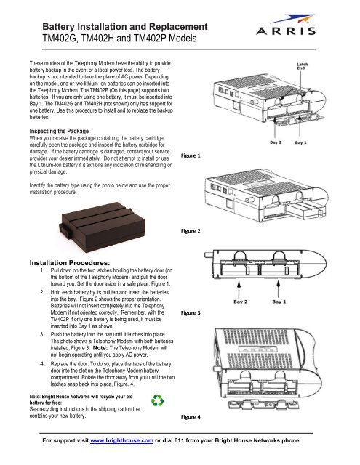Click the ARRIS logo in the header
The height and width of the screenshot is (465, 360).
click(286, 25)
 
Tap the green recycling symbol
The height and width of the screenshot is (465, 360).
click(157, 400)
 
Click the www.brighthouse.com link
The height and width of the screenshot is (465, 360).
click(121, 441)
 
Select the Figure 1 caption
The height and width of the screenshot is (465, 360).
click(191, 155)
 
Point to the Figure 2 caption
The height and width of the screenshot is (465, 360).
click(191, 231)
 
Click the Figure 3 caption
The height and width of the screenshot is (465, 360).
click(191, 312)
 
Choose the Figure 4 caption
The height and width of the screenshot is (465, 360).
click(191, 416)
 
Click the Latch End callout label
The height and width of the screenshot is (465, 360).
click(303, 66)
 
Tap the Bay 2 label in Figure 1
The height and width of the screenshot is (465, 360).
click(276, 142)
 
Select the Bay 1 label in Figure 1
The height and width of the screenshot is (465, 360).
click(300, 142)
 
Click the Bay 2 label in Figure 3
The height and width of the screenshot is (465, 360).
click(241, 302)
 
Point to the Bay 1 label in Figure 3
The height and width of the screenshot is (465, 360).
click(279, 302)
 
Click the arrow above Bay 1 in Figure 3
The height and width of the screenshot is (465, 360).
click(278, 289)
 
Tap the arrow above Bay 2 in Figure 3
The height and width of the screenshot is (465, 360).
click(239, 289)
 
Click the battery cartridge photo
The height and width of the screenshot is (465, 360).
click(103, 227)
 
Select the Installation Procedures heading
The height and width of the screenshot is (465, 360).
click(70, 263)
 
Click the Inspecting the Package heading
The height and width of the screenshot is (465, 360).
click(59, 131)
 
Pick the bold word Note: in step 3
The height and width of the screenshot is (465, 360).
click(100, 348)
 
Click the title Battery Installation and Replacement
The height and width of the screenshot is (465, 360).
click(125, 26)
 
